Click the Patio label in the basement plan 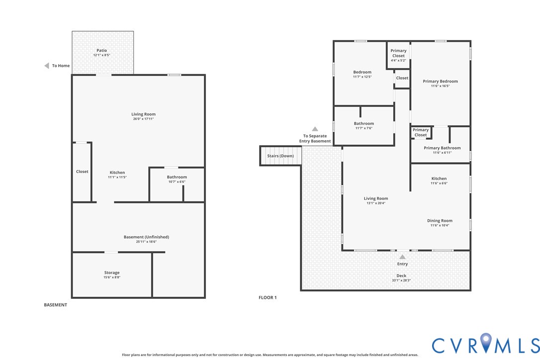coord(102,50)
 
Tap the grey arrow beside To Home coord(47,66)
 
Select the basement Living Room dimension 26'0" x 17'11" coord(143,119)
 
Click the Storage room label coord(112,272)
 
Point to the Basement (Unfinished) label coord(146,237)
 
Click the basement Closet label coord(82,172)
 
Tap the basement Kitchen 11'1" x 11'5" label coord(117,175)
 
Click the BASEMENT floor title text coord(55,305)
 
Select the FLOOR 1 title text coord(268,297)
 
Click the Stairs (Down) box coord(280,156)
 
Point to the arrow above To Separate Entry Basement coord(315,129)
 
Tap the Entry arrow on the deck coord(402,257)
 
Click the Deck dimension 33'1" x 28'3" coord(401,280)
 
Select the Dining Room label coord(440,221)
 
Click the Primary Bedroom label coord(440,81)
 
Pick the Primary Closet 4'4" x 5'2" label coord(398,55)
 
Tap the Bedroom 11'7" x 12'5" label coord(362,74)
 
